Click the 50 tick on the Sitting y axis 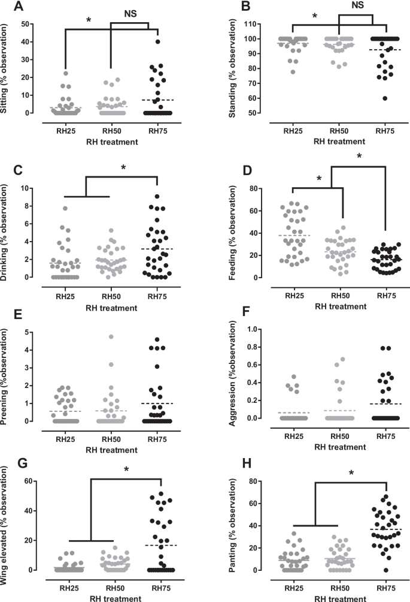[x=41, y=25]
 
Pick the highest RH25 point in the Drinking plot [x=65, y=209]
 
